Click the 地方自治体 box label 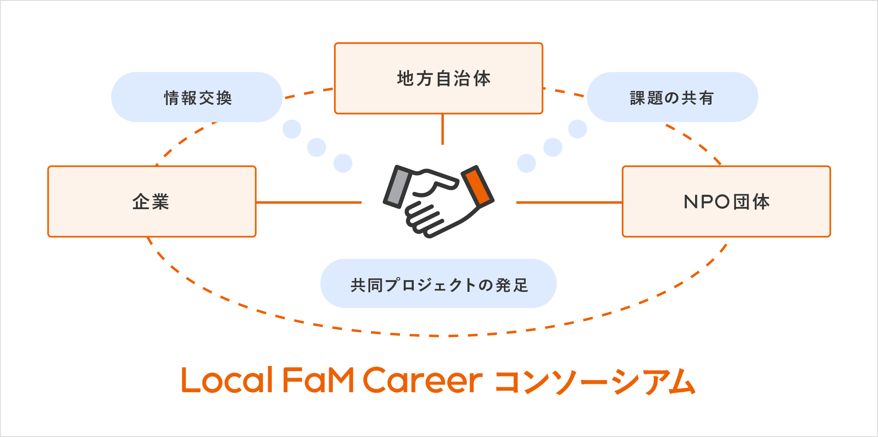tap(444, 79)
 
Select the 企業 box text tap(151, 202)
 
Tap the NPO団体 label tap(726, 202)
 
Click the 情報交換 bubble tap(197, 97)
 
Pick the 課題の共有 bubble tap(672, 97)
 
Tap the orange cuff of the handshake tap(478, 185)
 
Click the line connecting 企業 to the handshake tap(309, 202)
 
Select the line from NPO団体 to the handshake tap(569, 202)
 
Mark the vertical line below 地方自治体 tap(442, 129)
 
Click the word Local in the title tap(227, 380)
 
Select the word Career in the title tap(423, 380)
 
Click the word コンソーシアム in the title tap(595, 381)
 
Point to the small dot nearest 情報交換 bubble tap(292, 129)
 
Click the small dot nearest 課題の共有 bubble tap(577, 129)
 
